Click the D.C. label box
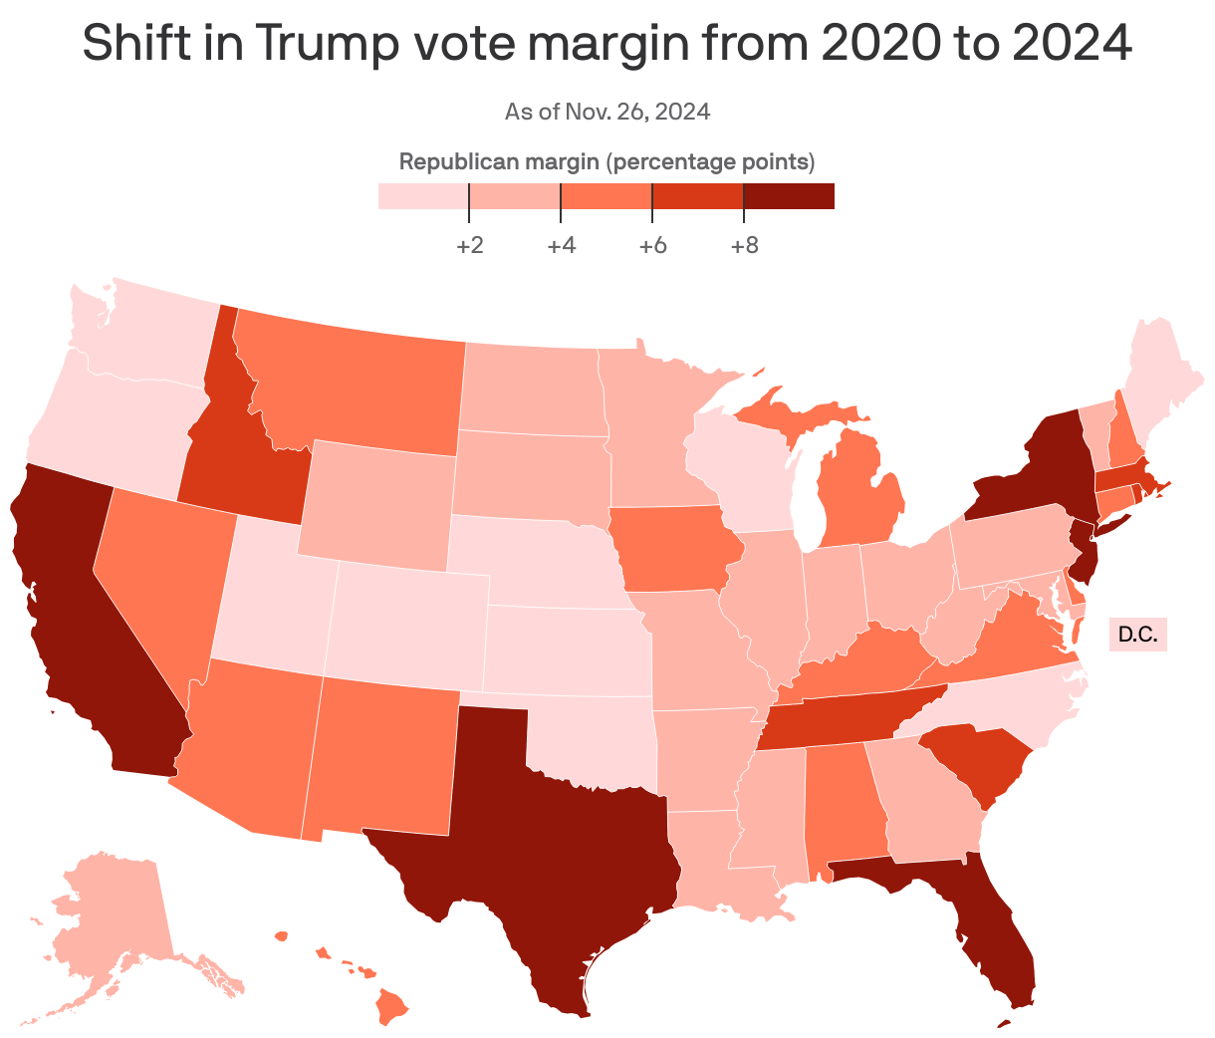click(x=1137, y=635)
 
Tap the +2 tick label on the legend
click(x=469, y=245)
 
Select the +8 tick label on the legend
click(x=744, y=245)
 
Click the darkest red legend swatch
click(x=789, y=196)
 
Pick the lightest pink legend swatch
click(x=423, y=196)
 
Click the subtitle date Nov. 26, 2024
click(x=637, y=112)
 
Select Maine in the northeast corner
click(x=1160, y=379)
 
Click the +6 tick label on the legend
click(x=652, y=245)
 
